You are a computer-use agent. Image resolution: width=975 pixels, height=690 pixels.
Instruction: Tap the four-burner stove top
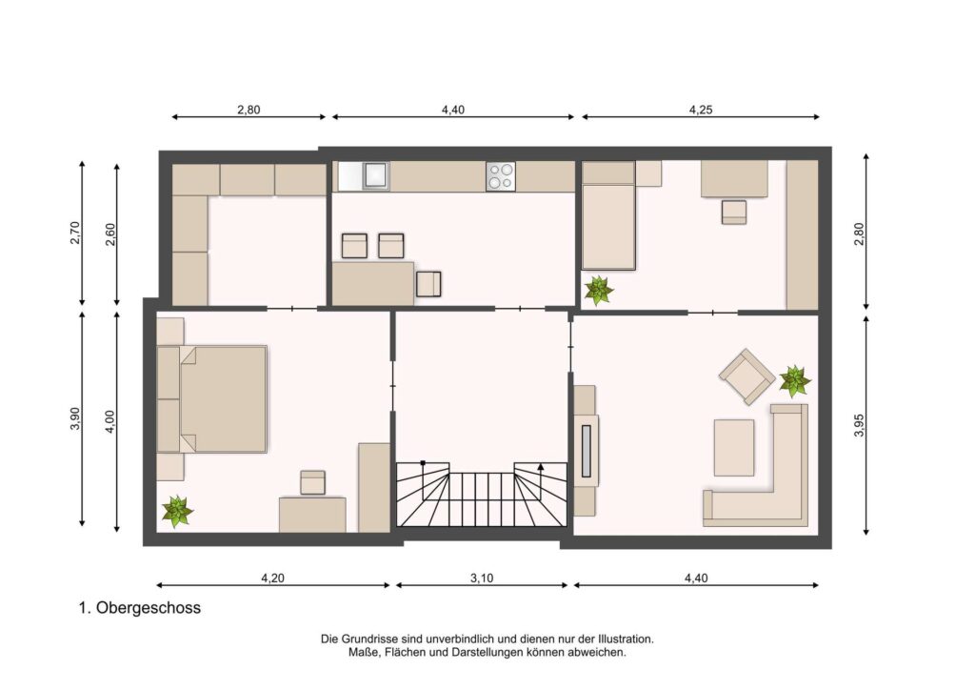pos(501,175)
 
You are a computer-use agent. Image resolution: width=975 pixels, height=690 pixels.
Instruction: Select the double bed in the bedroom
pos(212,398)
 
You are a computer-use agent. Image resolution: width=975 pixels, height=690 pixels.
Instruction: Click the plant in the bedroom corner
pos(177,512)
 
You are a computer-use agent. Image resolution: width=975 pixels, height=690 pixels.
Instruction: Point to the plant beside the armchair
pos(795,381)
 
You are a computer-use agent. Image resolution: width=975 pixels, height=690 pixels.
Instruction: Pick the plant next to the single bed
pos(599,291)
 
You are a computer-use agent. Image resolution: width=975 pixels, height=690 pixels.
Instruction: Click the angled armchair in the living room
pos(746,376)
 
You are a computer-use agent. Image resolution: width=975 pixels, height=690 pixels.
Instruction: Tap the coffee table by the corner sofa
pos(734,447)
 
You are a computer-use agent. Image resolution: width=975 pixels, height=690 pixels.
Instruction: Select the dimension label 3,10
pos(481,578)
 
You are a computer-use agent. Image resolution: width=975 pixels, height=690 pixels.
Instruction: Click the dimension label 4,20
pos(272,578)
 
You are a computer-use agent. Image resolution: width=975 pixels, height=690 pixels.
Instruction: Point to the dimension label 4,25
pos(701,110)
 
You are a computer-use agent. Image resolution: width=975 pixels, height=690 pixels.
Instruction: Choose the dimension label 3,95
pos(860,426)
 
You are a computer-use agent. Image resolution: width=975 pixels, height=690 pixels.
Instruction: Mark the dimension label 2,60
pos(110,233)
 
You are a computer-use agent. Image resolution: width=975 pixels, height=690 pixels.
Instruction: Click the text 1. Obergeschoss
pos(140,608)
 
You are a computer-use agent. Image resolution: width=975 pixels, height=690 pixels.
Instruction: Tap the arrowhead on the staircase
pos(541,465)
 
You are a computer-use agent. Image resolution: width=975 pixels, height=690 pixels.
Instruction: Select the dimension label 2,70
pos(75,233)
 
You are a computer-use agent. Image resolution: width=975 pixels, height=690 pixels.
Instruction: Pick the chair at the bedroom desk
pos(312,483)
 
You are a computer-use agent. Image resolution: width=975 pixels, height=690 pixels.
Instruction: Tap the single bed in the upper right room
pos(608,215)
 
